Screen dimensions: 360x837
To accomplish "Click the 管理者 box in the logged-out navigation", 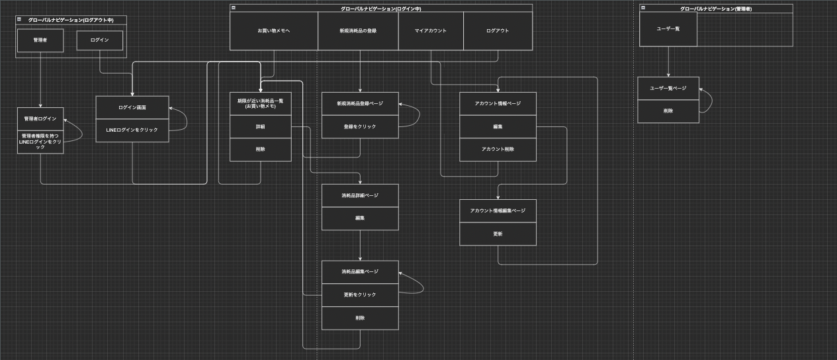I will (x=40, y=40).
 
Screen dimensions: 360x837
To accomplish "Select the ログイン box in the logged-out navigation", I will (x=100, y=40).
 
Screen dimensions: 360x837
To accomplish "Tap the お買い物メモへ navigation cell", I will (x=274, y=30).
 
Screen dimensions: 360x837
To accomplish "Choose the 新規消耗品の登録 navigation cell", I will (x=358, y=30).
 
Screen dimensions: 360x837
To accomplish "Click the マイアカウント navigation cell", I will (x=431, y=30).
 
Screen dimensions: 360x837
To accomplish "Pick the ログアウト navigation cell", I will (x=498, y=30).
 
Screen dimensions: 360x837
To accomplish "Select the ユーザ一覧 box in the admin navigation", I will (x=668, y=29).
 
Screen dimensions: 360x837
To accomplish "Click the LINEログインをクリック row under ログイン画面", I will (x=132, y=130).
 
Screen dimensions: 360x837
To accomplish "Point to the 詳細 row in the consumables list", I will (x=261, y=126).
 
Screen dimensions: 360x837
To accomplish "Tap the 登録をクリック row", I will (x=360, y=126).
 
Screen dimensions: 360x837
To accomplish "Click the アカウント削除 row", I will (x=498, y=150).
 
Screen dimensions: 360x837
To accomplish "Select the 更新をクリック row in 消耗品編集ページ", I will (x=360, y=294).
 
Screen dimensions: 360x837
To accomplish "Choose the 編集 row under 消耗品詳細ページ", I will (x=360, y=218).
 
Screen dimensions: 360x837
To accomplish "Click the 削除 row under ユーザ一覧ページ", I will (x=668, y=111).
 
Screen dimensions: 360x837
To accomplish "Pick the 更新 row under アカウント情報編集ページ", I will (x=498, y=234).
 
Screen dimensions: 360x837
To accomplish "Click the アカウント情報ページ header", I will (x=498, y=103).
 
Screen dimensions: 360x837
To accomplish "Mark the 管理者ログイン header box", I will (x=40, y=119).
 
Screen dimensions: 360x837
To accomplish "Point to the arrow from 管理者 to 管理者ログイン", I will (x=40, y=79).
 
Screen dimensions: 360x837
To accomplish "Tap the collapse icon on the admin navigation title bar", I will (x=642, y=8).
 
